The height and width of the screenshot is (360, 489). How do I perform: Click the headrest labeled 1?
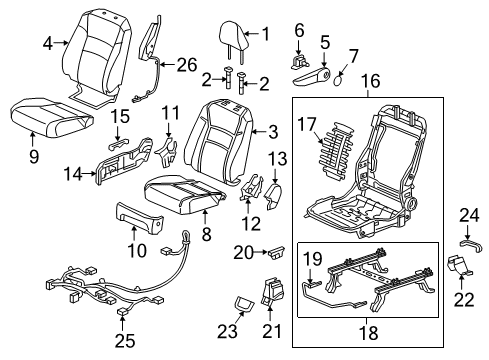[234, 36]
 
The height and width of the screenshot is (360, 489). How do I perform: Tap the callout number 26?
[187, 65]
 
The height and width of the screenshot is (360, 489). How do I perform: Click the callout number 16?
[370, 81]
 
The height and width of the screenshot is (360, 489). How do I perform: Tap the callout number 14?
[73, 174]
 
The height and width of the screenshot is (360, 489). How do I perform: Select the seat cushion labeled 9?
[52, 117]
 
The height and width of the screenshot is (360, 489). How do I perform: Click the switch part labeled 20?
[276, 252]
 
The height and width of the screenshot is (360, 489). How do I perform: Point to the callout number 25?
[125, 341]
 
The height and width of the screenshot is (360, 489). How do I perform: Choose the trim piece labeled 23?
[244, 303]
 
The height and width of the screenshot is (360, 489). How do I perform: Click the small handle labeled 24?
[472, 246]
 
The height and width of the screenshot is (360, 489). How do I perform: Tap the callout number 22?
[463, 300]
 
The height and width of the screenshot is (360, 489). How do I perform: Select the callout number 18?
[369, 333]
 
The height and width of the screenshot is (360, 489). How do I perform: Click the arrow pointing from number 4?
[61, 43]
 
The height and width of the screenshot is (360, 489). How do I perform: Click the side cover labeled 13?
[273, 196]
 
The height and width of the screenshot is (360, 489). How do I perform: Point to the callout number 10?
[137, 250]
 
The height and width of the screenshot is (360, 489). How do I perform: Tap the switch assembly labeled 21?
[272, 290]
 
